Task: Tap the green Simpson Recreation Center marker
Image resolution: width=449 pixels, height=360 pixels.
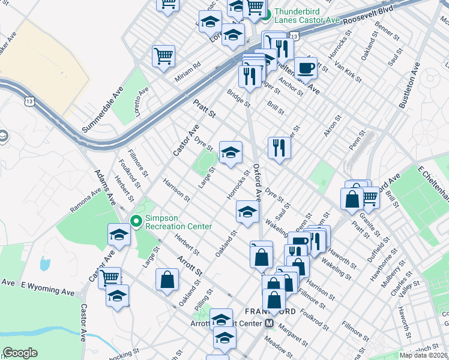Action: (136, 221)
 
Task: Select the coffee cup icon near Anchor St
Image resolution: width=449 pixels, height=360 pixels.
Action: (306, 68)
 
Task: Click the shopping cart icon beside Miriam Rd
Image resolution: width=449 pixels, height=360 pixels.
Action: (163, 56)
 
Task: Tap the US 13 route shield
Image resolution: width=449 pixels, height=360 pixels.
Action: (29, 102)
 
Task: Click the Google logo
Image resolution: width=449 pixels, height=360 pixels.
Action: (20, 353)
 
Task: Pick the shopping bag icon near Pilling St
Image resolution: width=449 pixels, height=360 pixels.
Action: (167, 280)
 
